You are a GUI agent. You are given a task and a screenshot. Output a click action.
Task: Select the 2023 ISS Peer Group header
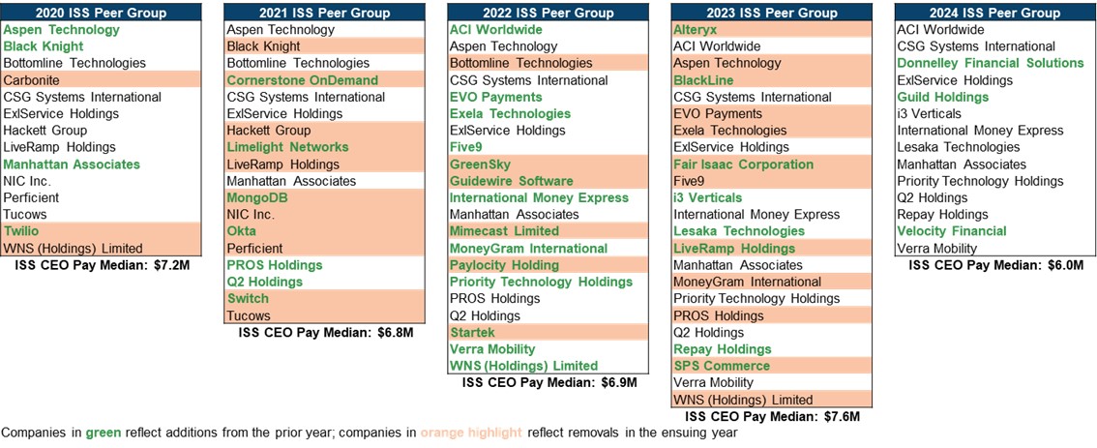click(x=771, y=13)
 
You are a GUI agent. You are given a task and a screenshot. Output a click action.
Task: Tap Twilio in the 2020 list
click(x=21, y=231)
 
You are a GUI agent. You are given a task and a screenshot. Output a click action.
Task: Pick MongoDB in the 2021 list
click(x=257, y=197)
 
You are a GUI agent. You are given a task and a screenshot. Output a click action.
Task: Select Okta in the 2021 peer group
click(x=242, y=231)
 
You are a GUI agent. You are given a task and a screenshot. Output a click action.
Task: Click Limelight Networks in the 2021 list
click(x=287, y=147)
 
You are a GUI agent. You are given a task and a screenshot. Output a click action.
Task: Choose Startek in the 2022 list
click(x=473, y=332)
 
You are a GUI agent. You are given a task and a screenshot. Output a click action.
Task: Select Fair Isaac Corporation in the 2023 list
click(x=743, y=164)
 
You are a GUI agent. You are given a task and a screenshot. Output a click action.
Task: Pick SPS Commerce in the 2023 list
click(x=722, y=366)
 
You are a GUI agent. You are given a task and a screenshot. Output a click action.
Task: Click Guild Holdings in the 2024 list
click(x=942, y=97)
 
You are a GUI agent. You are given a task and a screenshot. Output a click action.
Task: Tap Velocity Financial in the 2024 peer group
click(x=952, y=231)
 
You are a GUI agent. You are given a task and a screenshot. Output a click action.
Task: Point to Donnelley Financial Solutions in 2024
click(x=991, y=63)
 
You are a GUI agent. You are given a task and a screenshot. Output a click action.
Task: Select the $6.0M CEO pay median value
click(x=1061, y=264)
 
